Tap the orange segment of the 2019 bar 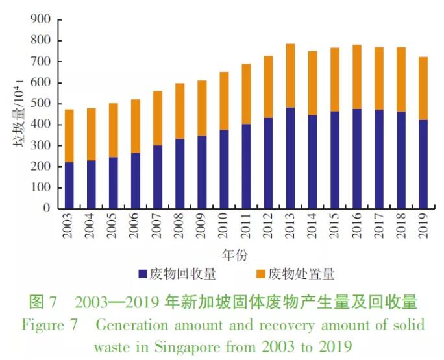[x=423, y=88]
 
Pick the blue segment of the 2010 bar [x=224, y=169]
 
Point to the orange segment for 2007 [x=158, y=118]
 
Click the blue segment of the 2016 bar [x=356, y=162]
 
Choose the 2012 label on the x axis [x=268, y=226]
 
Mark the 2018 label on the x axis [x=401, y=226]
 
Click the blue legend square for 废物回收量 [x=143, y=274]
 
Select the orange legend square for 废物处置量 [x=259, y=274]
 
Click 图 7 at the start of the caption [x=44, y=303]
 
